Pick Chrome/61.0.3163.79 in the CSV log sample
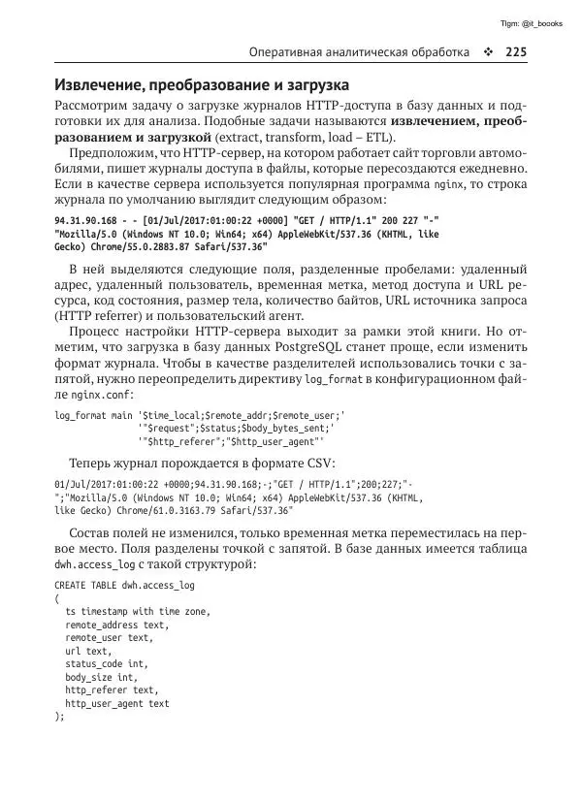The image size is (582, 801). tap(156, 509)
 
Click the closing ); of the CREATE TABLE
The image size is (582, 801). tap(59, 717)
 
